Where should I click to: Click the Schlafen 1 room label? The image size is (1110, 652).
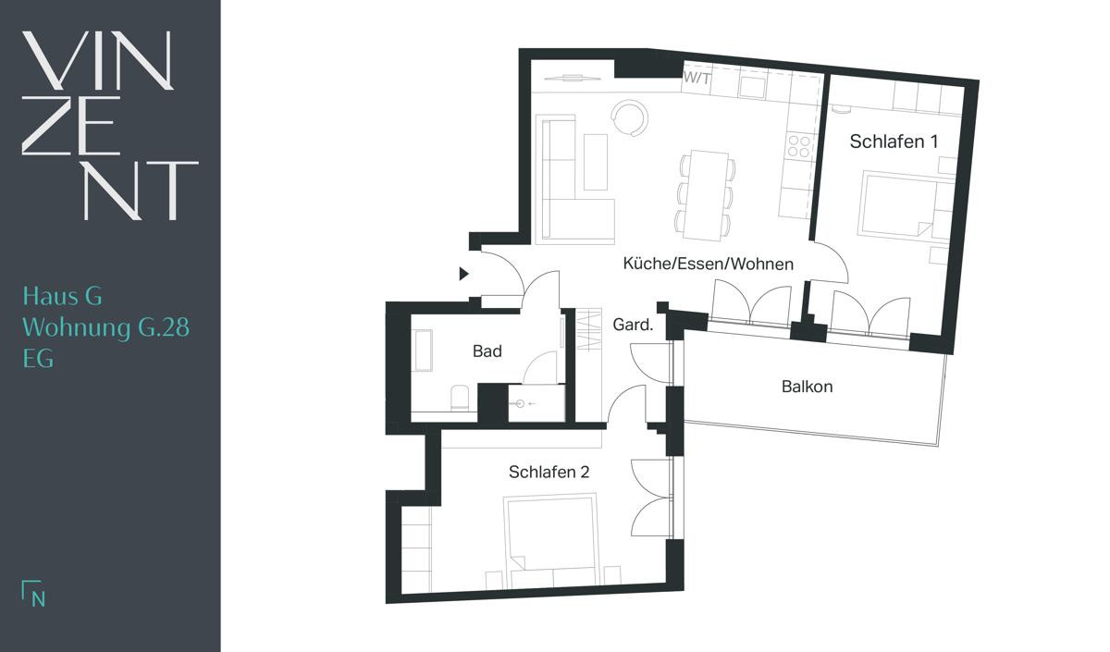[894, 141]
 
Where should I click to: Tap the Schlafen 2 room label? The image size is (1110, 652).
[549, 473]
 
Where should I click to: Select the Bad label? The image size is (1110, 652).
[487, 351]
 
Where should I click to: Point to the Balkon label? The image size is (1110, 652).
[807, 387]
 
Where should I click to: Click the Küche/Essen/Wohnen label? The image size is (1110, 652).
[709, 264]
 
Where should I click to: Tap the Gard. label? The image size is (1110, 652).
[633, 325]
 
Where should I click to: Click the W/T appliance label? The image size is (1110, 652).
[697, 79]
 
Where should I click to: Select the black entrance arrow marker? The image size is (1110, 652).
[463, 274]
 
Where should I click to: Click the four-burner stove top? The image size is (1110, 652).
[799, 147]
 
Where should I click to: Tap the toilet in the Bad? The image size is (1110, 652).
[460, 398]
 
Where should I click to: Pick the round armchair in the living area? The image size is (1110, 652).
[629, 118]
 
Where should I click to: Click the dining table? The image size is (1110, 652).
[704, 195]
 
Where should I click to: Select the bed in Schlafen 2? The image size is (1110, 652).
[551, 540]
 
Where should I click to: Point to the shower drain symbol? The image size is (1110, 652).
[520, 404]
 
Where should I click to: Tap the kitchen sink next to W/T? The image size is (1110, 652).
[752, 87]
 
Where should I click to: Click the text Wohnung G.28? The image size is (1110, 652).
[106, 328]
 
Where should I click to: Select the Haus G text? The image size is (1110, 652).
[63, 296]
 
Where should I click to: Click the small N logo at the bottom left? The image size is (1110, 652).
[33, 593]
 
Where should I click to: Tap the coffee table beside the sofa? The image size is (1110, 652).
[596, 162]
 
